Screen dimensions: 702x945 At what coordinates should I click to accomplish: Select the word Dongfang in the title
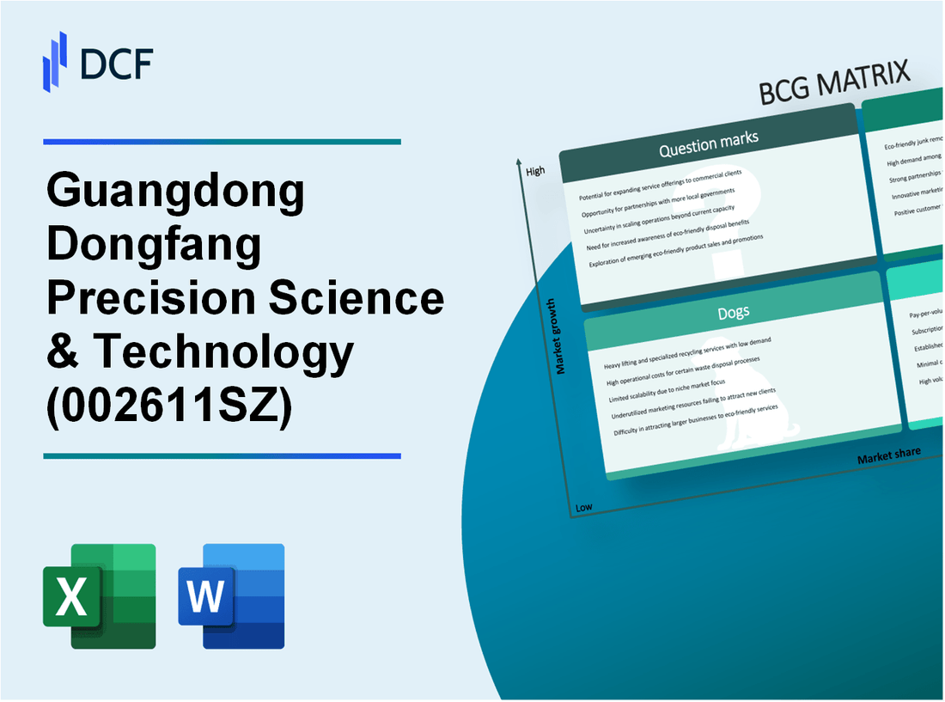tap(155, 245)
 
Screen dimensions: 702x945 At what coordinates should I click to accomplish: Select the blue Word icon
tap(232, 595)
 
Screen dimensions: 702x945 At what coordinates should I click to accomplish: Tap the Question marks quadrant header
tap(708, 147)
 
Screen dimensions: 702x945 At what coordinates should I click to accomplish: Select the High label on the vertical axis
tap(534, 171)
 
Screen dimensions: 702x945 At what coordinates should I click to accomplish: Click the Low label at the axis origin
tap(583, 507)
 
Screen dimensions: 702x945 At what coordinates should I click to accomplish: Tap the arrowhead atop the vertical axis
tap(520, 162)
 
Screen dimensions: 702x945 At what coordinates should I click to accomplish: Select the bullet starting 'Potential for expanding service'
tap(659, 178)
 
